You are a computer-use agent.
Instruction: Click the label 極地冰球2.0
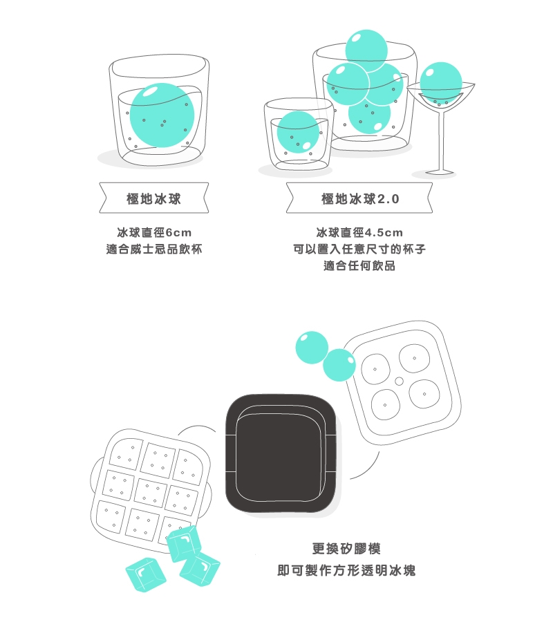[x=359, y=198]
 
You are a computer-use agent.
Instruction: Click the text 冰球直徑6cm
[x=154, y=232]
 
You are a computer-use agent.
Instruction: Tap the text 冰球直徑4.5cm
[x=359, y=232]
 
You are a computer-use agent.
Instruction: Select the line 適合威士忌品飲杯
[x=154, y=249]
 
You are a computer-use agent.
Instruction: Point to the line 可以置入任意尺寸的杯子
[x=359, y=249]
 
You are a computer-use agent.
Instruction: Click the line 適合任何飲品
[x=359, y=266]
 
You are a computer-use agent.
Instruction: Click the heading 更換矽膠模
[x=346, y=549]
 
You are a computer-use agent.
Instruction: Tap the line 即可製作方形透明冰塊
[x=346, y=570]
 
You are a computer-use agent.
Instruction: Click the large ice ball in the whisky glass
[x=162, y=115]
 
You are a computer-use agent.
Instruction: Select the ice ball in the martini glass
[x=441, y=83]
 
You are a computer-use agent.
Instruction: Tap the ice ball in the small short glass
[x=299, y=132]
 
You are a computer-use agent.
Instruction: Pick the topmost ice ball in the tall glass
[x=366, y=50]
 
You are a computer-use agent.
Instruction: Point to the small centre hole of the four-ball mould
[x=399, y=381]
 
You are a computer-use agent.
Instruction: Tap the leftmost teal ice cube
[x=146, y=574]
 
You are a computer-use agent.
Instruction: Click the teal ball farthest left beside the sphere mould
[x=312, y=348]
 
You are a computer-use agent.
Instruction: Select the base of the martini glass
[x=440, y=172]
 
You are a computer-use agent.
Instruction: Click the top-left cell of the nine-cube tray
[x=126, y=453]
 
